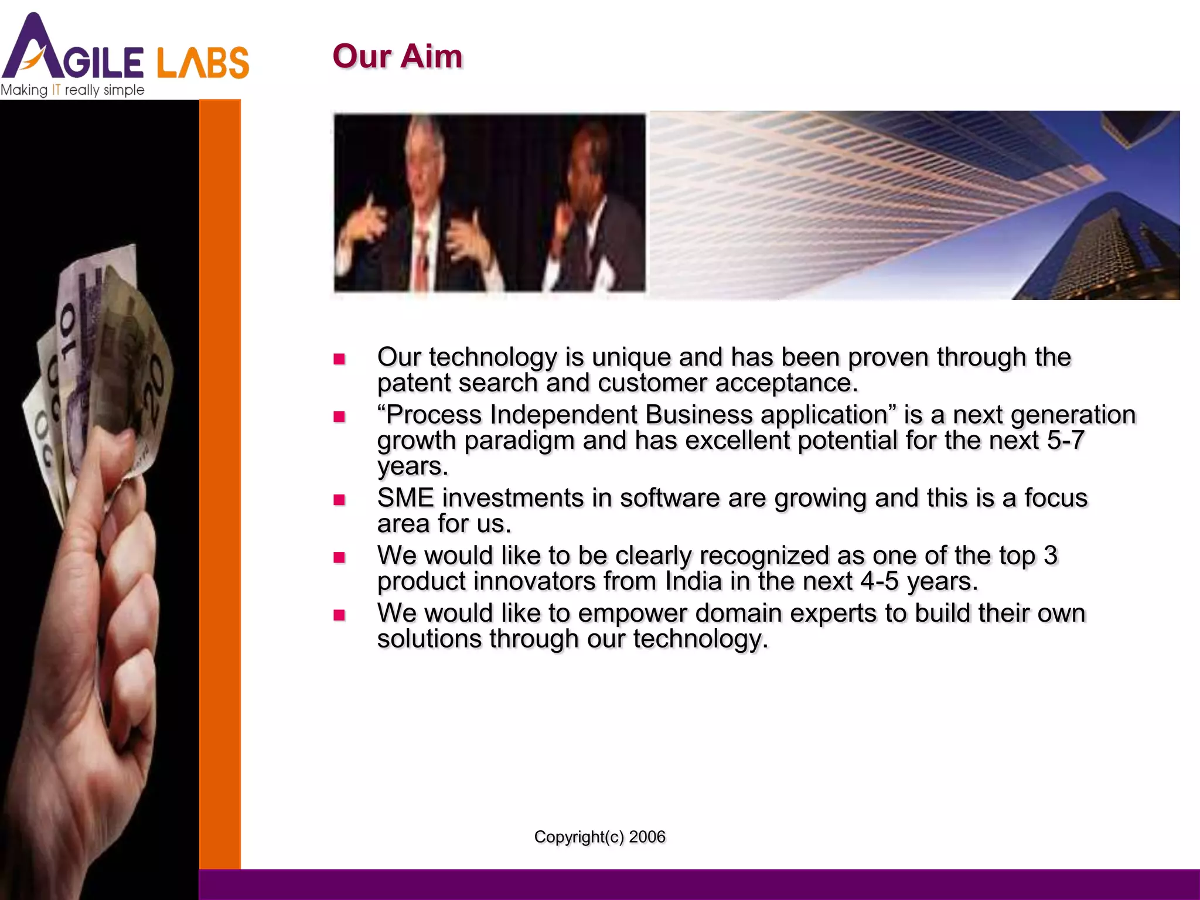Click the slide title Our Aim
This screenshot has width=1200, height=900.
pyautogui.click(x=397, y=57)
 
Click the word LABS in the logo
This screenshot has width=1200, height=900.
pyautogui.click(x=203, y=63)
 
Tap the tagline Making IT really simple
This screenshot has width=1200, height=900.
pyautogui.click(x=72, y=90)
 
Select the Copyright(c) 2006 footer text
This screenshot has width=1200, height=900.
pyautogui.click(x=599, y=837)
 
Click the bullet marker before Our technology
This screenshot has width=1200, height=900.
pyautogui.click(x=339, y=359)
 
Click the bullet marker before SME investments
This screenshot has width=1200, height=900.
pyautogui.click(x=339, y=500)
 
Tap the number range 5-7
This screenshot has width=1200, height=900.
pyautogui.click(x=1065, y=441)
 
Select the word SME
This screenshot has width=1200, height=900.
pyautogui.click(x=405, y=498)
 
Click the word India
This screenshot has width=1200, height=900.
pyautogui.click(x=693, y=582)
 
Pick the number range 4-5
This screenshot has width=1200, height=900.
pyautogui.click(x=879, y=582)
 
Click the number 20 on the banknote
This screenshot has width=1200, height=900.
pyautogui.click(x=155, y=387)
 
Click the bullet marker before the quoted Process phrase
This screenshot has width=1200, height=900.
pyautogui.click(x=339, y=417)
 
